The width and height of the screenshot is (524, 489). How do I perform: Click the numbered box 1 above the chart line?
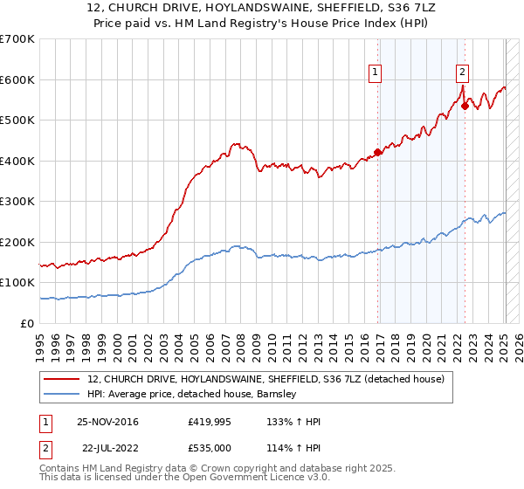tap(375, 73)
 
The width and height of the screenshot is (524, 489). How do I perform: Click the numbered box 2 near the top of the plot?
tap(461, 73)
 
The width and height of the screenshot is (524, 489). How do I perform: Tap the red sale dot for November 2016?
tap(378, 152)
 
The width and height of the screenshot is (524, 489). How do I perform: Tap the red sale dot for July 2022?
tap(465, 106)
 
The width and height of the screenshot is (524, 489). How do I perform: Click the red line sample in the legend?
tap(62, 379)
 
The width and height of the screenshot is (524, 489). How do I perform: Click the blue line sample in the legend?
tap(62, 395)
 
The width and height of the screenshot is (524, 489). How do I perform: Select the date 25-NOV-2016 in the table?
tap(110, 422)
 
